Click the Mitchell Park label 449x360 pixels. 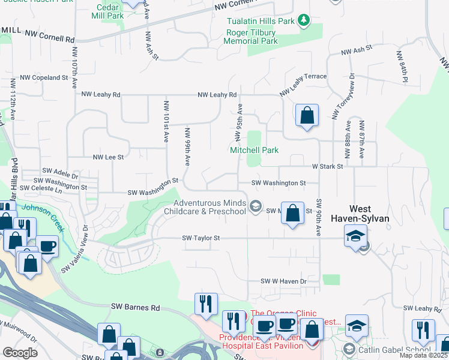(255, 150)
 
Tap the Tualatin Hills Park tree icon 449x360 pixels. (304, 21)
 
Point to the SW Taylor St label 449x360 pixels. (201, 238)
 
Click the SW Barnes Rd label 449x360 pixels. (136, 307)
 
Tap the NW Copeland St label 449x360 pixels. (44, 77)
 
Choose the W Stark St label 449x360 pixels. (327, 166)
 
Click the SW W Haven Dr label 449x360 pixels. (283, 281)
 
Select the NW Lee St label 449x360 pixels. (107, 157)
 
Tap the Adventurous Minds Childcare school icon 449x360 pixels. (256, 207)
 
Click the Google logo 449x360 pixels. (20, 352)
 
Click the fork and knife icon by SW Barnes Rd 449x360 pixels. (205, 303)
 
